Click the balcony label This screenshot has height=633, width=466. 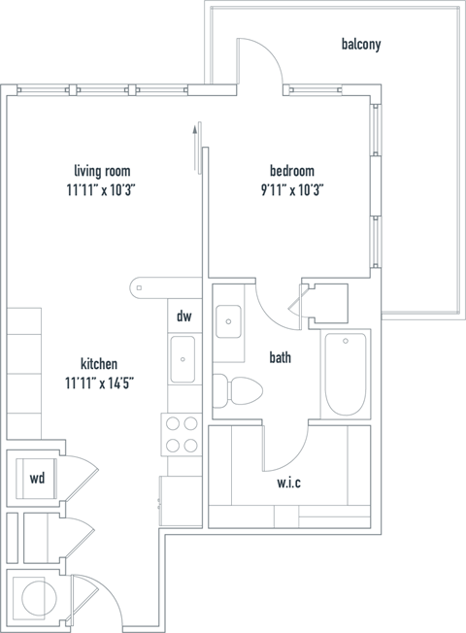361,44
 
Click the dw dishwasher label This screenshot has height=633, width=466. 183,316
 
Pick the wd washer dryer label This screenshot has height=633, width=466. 37,479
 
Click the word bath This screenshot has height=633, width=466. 281,358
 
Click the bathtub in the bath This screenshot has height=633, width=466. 345,374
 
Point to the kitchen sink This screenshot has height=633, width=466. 183,360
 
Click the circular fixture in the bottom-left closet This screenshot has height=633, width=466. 40,595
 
